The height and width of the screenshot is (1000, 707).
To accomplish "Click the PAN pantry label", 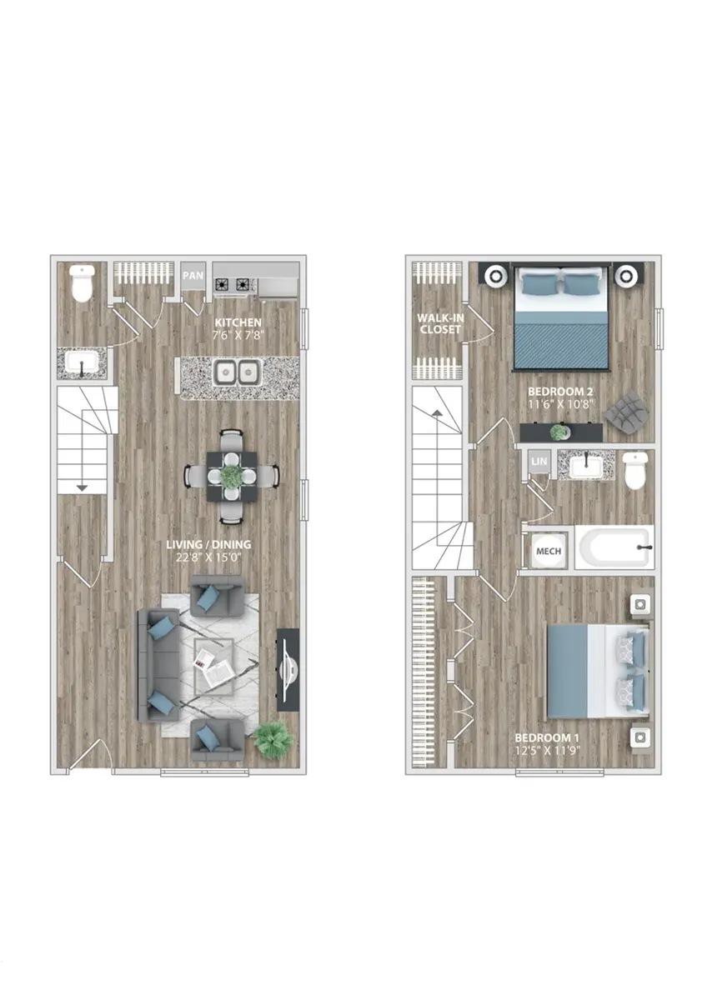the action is point(193,276).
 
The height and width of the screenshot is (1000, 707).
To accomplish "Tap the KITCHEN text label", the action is point(238,322).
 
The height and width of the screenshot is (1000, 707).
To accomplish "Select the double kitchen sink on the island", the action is point(237,372).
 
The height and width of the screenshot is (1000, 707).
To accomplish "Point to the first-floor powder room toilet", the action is point(83,283).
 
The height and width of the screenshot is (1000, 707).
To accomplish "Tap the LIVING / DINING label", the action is point(208,545).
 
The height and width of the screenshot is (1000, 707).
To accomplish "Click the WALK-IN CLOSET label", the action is point(440,323).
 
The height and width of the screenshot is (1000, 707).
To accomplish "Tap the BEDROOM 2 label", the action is point(560,392).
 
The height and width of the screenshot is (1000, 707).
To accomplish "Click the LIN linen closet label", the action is point(539,461).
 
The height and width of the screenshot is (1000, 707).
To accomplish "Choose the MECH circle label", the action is point(549,551).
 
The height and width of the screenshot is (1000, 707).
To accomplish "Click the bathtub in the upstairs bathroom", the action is point(614,547).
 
